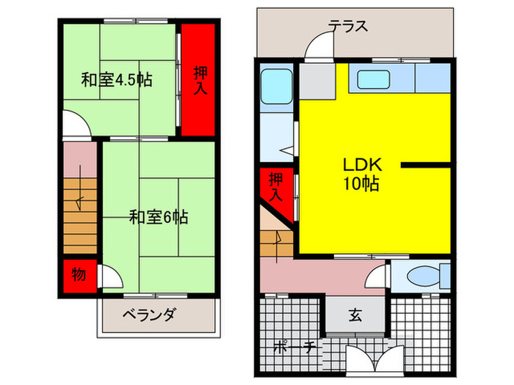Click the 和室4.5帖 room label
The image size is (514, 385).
click(117, 80)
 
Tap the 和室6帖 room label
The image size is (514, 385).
click(159, 217)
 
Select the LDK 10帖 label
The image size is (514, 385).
click(359, 175)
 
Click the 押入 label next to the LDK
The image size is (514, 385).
click(275, 186)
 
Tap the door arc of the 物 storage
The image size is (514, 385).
click(108, 277)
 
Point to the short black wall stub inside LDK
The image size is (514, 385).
click(425, 165)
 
